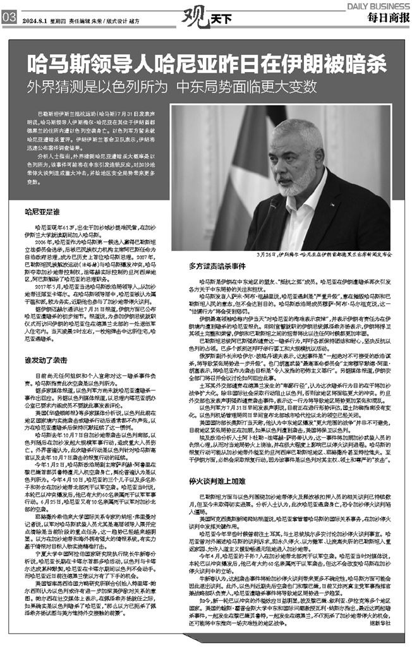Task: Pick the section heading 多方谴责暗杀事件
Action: (213, 265)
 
